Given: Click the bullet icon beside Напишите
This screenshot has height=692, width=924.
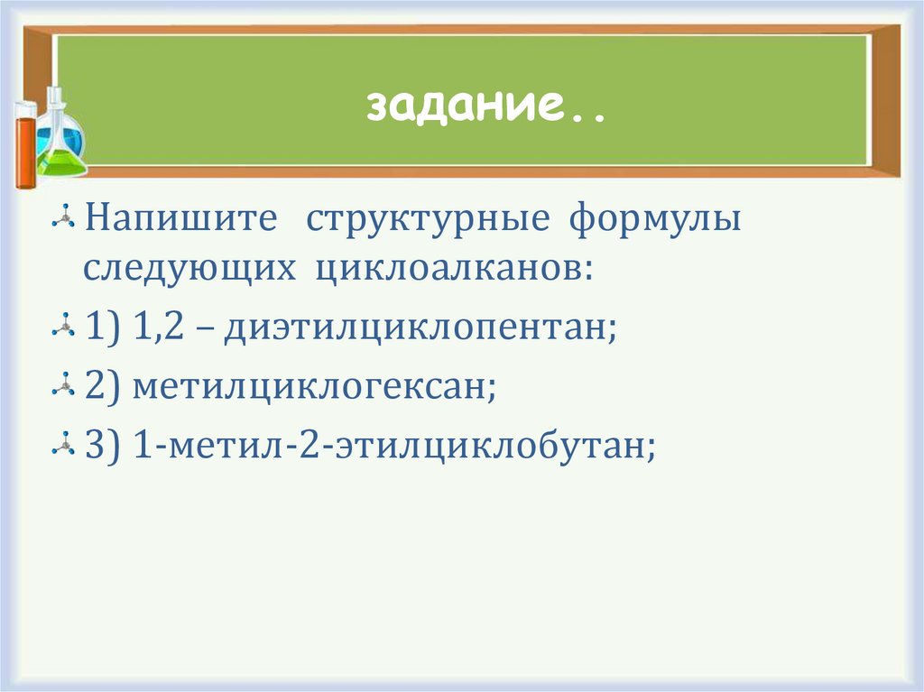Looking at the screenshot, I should pos(63,220).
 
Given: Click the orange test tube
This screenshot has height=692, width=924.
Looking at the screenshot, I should pos(25,144).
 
